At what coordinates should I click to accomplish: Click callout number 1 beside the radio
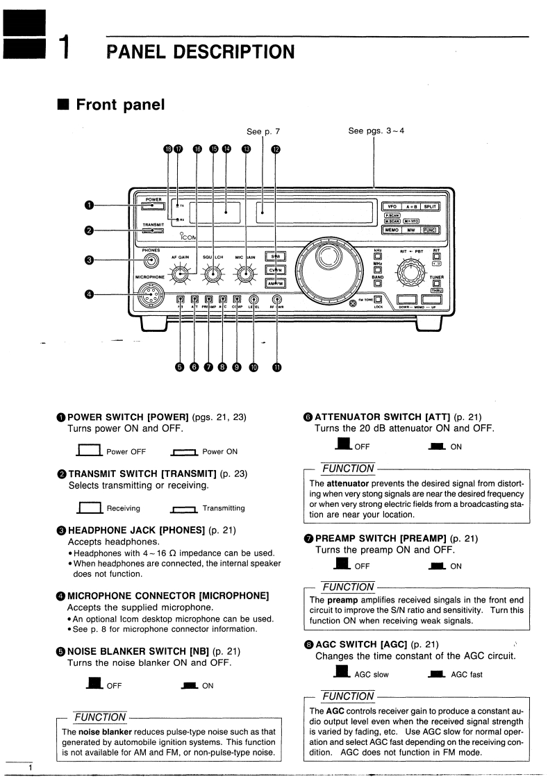point(89,205)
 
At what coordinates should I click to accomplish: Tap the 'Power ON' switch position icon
point(184,452)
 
